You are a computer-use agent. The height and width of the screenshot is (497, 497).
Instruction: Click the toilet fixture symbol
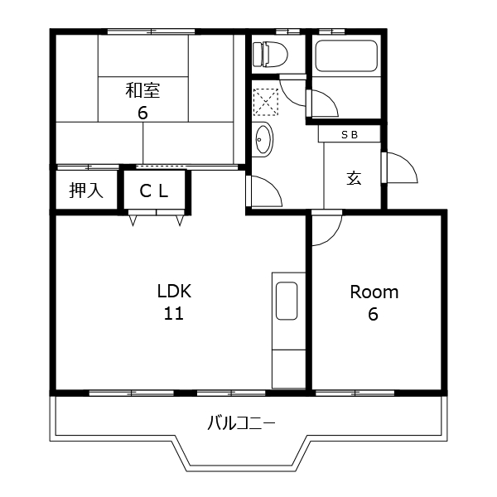[270, 54]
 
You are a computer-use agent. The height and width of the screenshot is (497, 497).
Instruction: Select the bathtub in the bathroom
[346, 55]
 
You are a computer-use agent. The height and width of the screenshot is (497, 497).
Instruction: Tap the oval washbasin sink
[264, 139]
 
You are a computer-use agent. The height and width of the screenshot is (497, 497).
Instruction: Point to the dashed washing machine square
[266, 102]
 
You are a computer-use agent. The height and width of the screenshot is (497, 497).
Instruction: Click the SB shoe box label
[350, 135]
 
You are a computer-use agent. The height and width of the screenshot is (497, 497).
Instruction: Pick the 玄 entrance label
[354, 178]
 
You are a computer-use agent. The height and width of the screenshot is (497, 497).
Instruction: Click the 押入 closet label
[86, 191]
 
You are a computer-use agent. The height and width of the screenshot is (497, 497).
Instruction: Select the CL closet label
[154, 191]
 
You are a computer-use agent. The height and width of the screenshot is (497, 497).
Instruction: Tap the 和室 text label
[142, 90]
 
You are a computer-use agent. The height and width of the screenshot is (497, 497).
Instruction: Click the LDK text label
[174, 292]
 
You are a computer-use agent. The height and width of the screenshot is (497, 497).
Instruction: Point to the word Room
[374, 292]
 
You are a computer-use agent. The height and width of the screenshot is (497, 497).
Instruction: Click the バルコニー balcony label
[242, 422]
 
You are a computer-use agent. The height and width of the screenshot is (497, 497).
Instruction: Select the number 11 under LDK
[174, 313]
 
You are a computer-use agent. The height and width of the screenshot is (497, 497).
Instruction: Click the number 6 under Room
[373, 314]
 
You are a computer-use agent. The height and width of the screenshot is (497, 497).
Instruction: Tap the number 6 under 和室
[142, 112]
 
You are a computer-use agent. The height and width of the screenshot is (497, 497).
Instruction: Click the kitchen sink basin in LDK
[287, 301]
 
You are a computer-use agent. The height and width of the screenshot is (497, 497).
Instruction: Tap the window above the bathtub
[331, 31]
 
